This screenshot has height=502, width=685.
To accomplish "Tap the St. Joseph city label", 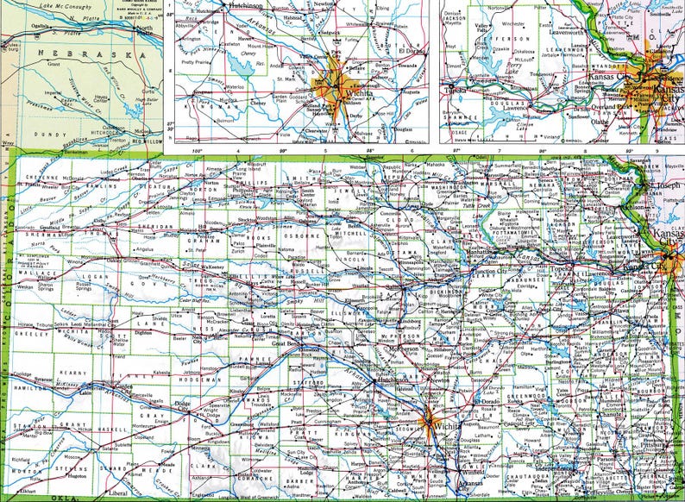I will point(660,185).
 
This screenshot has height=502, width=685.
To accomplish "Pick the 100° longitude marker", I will point(197,152).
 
